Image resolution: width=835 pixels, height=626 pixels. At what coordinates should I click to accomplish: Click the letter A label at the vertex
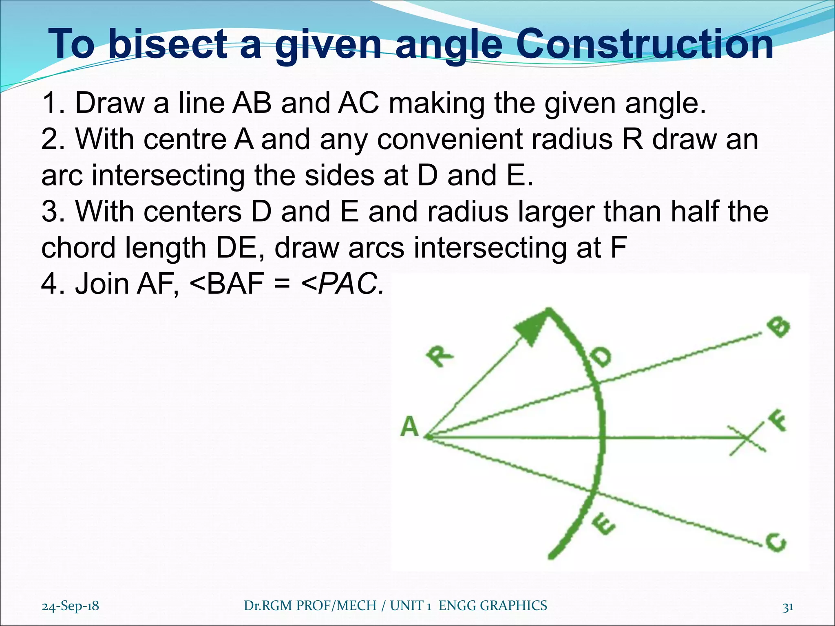(x=410, y=428)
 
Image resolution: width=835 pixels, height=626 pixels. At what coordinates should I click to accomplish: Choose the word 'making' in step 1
(x=437, y=103)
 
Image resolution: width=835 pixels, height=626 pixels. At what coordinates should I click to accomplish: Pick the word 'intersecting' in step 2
(x=168, y=176)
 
